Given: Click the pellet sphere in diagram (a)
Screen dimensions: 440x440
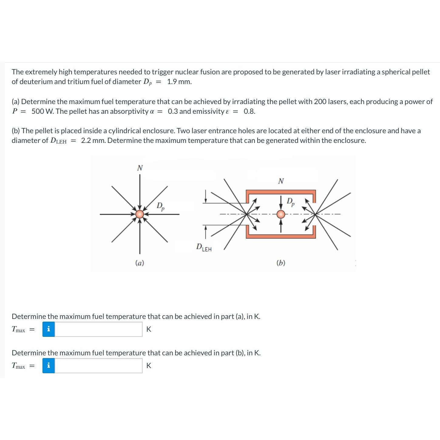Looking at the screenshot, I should point(139,214).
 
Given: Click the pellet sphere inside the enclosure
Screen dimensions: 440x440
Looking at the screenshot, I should point(281,214).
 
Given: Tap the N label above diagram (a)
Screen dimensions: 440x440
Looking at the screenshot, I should point(140,168).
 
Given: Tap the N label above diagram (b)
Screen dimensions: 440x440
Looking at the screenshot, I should point(281,181).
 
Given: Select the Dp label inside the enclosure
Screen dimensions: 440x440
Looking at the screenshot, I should point(291,202).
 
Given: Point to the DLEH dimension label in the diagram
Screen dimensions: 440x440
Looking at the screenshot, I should point(204,247).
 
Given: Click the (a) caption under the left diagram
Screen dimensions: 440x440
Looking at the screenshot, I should point(140,263).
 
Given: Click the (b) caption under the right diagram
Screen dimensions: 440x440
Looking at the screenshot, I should point(281,263).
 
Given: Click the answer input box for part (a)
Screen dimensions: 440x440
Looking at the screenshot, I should point(98,329).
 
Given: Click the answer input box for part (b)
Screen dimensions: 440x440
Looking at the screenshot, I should point(98,366).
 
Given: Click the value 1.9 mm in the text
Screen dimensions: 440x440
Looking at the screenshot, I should point(179,82).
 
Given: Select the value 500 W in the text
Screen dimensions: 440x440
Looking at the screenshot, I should point(42,111).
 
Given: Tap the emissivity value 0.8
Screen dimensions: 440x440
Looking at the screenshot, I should point(249,111).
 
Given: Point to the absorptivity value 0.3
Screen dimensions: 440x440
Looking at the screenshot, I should point(173,111).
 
